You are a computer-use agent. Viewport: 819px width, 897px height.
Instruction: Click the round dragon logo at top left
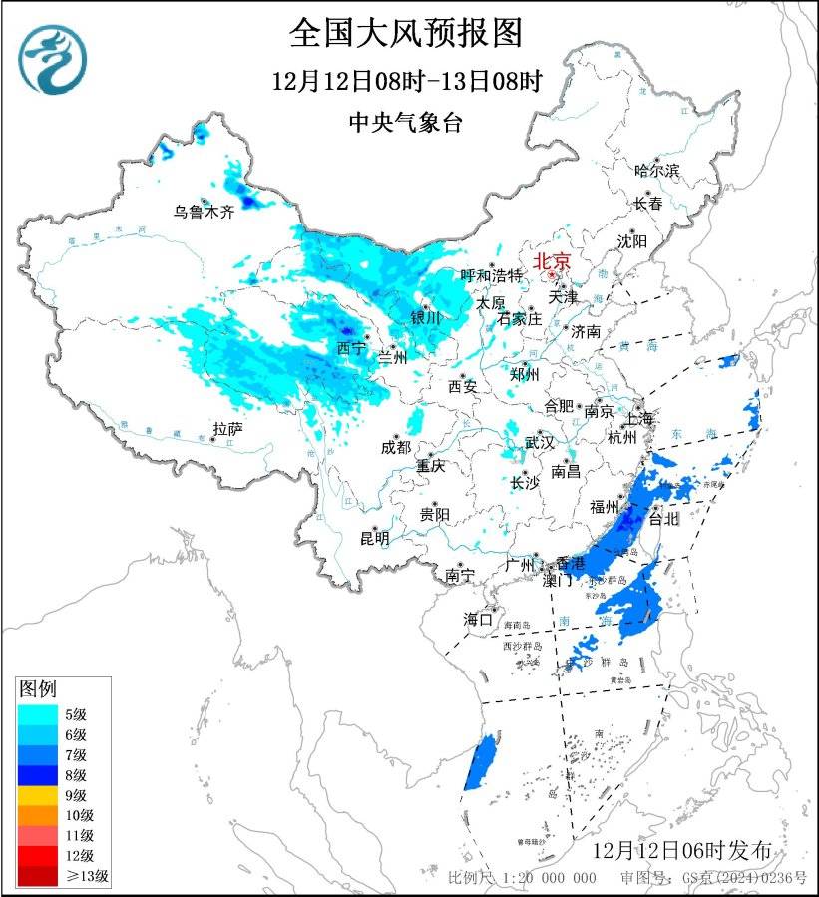(54, 59)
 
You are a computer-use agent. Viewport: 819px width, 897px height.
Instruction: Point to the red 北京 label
(552, 261)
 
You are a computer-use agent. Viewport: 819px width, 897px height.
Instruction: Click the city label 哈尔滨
(656, 171)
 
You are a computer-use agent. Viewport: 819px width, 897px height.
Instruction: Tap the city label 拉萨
(227, 429)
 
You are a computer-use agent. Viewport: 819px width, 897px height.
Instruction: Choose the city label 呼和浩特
(491, 275)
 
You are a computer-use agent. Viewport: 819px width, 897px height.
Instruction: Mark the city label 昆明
(375, 538)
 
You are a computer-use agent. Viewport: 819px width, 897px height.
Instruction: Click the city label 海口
(478, 620)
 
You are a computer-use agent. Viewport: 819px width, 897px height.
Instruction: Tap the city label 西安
(463, 385)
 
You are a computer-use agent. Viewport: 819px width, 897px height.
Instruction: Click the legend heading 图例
(39, 688)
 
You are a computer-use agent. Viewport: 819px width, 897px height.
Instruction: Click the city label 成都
(395, 447)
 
